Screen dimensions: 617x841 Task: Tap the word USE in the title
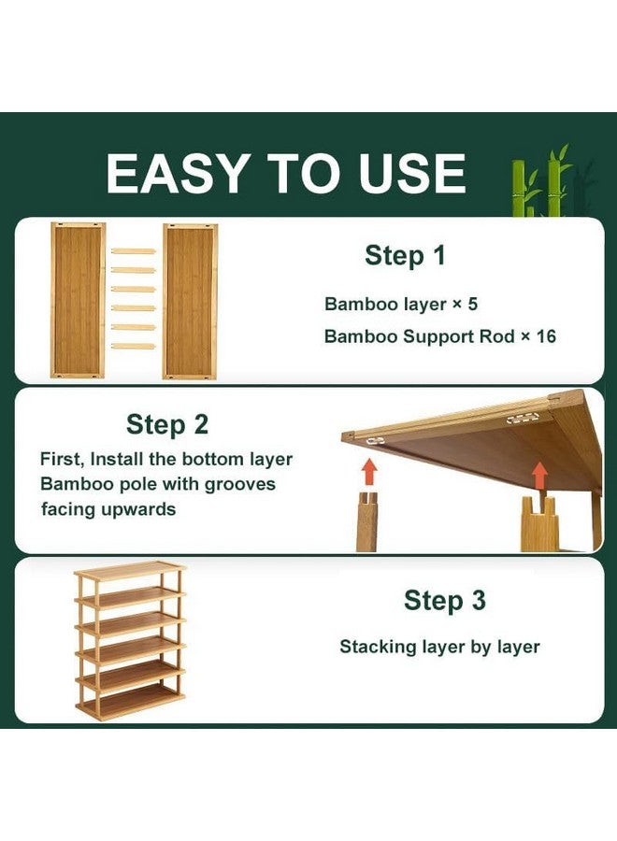click(x=412, y=173)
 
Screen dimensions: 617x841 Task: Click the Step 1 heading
click(x=405, y=255)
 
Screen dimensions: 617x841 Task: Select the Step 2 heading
click(x=167, y=424)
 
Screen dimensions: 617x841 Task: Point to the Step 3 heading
click(x=445, y=600)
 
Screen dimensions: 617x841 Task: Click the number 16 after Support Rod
click(x=546, y=336)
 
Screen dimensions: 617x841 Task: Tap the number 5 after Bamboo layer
click(x=472, y=304)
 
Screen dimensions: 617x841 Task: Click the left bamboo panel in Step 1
click(x=78, y=300)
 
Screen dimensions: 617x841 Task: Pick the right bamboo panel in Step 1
click(x=190, y=302)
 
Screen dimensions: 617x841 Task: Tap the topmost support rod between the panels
click(x=133, y=250)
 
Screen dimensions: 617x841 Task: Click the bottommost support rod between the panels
click(x=133, y=346)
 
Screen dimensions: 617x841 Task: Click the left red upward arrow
click(x=369, y=472)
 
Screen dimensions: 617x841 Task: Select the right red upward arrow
click(x=539, y=476)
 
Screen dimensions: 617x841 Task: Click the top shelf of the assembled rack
click(x=130, y=571)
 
